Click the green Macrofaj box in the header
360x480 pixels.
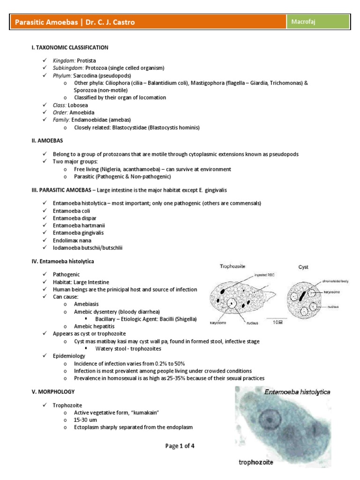point(318,21)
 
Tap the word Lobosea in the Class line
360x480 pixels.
point(78,105)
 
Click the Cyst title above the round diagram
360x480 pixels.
point(304,267)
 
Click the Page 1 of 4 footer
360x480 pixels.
point(180,446)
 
